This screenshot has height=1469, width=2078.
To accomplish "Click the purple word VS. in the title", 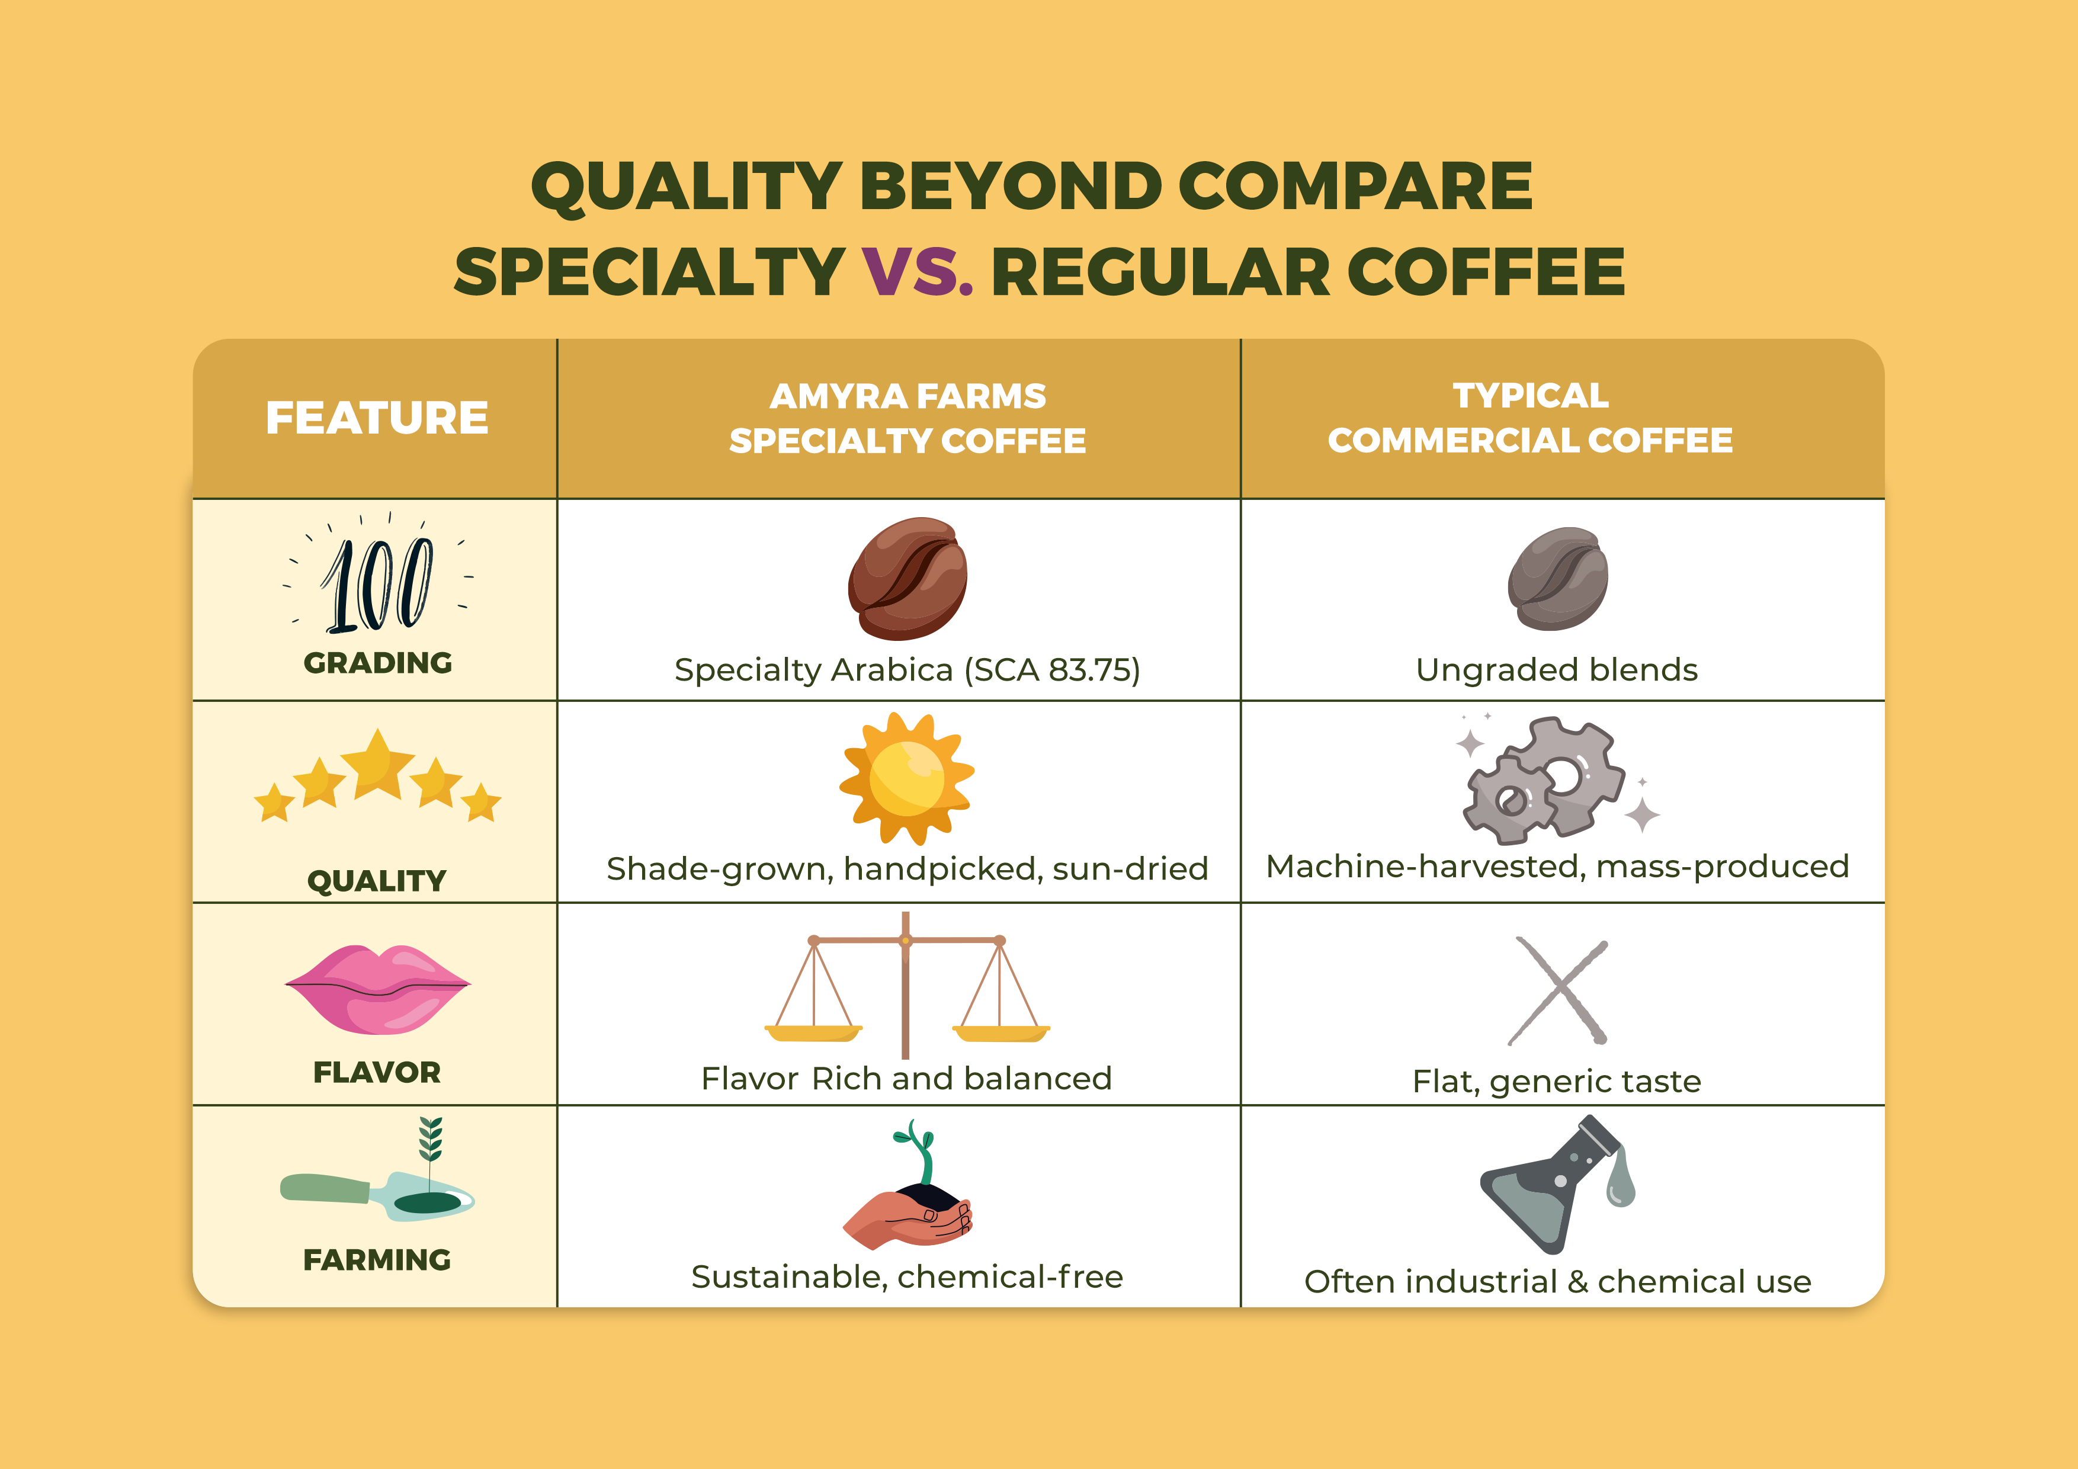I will click(916, 271).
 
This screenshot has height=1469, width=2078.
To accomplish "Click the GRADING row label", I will click(377, 663).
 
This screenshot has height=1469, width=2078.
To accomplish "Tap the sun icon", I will click(906, 778).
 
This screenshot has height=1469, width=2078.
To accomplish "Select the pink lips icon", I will click(377, 989).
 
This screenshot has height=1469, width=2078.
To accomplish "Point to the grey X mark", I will click(1557, 991).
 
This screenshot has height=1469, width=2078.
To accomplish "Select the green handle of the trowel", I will click(324, 1188).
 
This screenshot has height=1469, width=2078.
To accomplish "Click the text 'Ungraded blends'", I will click(1557, 670).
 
